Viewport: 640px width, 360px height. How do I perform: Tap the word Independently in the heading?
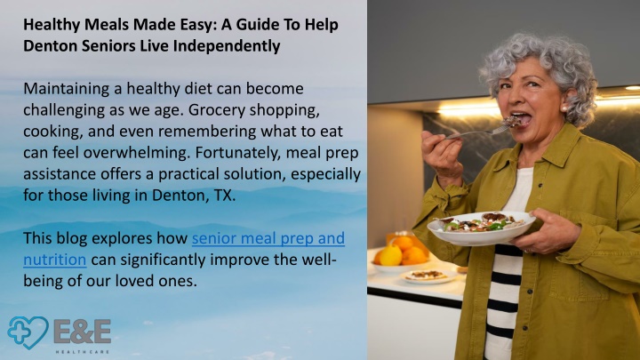point(227,46)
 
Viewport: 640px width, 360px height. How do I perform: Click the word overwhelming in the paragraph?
point(137,153)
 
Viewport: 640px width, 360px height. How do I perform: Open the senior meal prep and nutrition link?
point(184,249)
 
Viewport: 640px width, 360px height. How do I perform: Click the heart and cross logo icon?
point(28,332)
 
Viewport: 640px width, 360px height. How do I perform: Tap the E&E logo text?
point(83,332)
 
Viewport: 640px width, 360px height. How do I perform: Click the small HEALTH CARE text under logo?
point(83,352)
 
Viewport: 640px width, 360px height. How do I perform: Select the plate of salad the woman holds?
point(481,228)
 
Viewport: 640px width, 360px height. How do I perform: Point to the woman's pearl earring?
point(564,109)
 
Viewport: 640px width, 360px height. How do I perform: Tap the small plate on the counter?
point(428,276)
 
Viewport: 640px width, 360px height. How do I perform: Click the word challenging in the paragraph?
point(59,110)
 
